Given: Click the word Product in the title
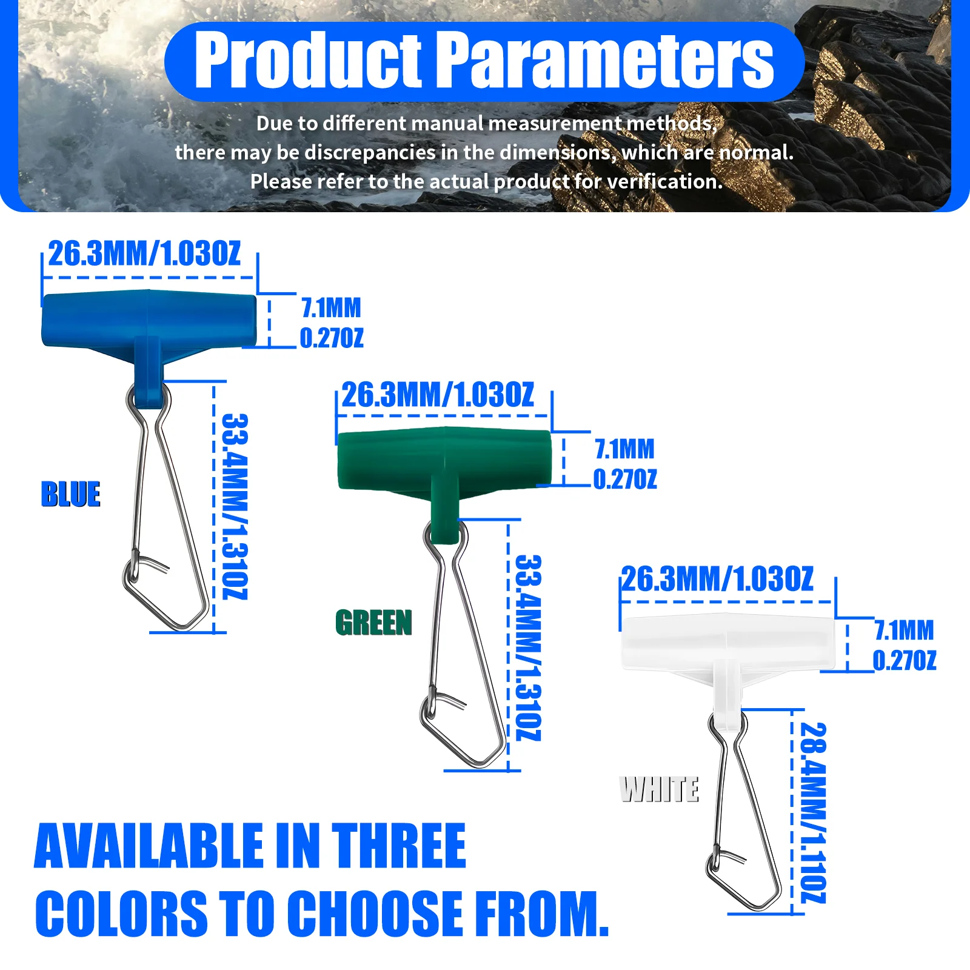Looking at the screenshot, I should [x=307, y=61].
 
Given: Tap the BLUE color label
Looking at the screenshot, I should [x=70, y=494].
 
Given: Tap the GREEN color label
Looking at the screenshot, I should [x=373, y=623].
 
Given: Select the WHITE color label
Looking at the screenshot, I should [x=660, y=789].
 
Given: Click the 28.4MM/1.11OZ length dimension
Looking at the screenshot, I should [x=813, y=812].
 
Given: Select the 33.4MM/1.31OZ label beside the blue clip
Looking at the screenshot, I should [x=235, y=507].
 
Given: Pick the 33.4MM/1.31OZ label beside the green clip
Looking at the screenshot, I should [x=528, y=647].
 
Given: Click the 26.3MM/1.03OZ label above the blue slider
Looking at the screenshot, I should [x=144, y=253].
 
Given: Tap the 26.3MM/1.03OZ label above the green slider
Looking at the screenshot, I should [x=438, y=395].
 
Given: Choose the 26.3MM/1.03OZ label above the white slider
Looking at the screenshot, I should [x=717, y=579].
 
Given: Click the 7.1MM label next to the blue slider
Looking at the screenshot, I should [x=331, y=308].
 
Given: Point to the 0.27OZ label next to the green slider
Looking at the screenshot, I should [x=625, y=480].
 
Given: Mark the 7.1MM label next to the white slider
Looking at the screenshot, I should [x=904, y=630].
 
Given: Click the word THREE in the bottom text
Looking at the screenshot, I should [x=398, y=846].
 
